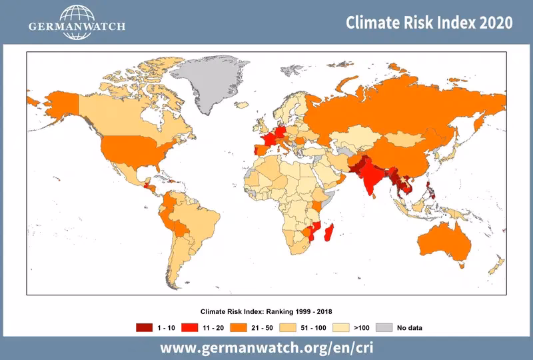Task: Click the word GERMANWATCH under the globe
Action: [x=77, y=27]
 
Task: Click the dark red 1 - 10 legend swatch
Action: [x=144, y=327]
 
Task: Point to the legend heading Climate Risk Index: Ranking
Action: [x=266, y=312]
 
